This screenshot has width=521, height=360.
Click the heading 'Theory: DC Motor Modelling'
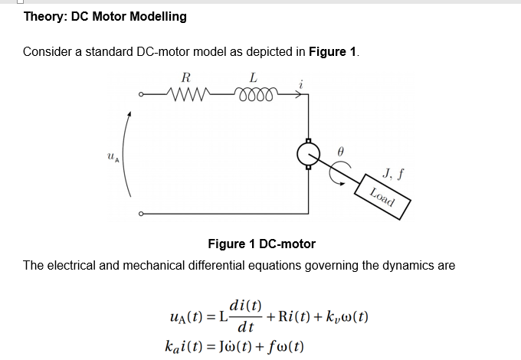pos(105,16)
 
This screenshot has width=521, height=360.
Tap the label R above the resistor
pos(185,77)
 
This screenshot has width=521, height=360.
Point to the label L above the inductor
pos(253,77)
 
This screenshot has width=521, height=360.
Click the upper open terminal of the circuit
pos(140,95)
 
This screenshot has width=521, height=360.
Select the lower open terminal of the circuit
pos(140,214)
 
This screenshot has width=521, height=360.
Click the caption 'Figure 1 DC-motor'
pos(261,244)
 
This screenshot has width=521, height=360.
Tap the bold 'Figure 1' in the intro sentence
pos(332,52)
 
